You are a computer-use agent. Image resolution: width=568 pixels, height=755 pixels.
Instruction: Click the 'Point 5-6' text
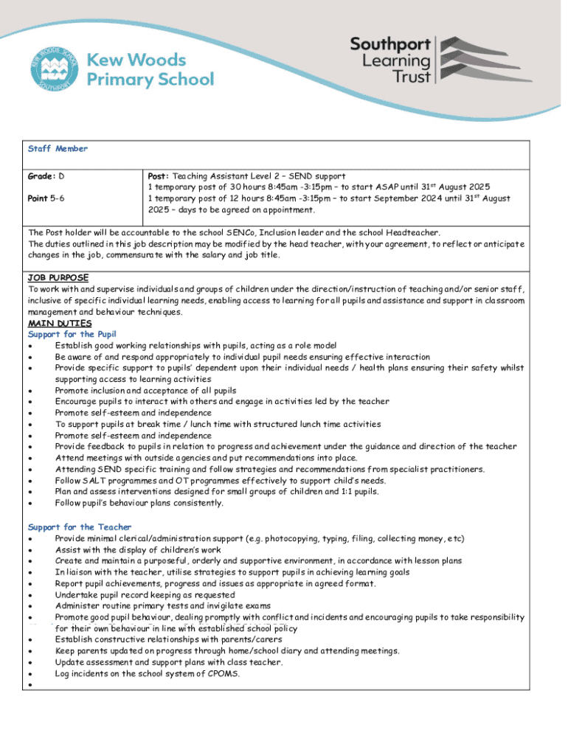[46, 198]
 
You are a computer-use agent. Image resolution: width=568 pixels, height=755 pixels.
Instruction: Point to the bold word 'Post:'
[159, 177]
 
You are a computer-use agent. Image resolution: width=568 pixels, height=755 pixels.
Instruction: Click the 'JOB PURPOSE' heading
[58, 278]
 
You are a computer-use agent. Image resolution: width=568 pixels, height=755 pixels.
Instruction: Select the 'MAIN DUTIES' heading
[60, 323]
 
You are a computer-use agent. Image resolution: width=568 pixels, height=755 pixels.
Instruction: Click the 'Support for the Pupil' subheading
[72, 334]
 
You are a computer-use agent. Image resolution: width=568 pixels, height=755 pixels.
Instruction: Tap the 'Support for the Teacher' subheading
[80, 527]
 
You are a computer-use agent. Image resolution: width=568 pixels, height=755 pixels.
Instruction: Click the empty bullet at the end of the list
[30, 686]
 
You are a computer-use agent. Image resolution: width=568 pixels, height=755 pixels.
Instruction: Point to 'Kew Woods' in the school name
[137, 59]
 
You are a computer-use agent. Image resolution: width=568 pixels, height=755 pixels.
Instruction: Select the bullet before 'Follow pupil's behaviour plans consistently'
[30, 504]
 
